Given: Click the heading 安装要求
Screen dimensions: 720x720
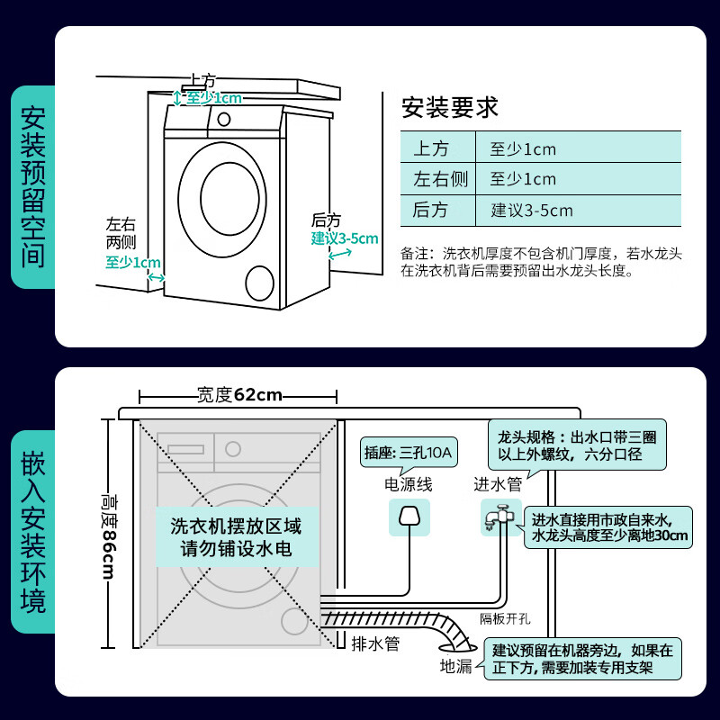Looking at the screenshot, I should click(449, 107).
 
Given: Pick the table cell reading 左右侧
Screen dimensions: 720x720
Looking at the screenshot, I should click(440, 179).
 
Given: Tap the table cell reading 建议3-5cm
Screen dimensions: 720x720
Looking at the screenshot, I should click(531, 211).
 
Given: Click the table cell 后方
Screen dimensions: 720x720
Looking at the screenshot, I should click(430, 211).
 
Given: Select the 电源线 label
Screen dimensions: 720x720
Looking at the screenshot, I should click(409, 484).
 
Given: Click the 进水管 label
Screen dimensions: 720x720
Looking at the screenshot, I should click(498, 484).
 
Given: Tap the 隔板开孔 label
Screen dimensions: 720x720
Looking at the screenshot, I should click(505, 618).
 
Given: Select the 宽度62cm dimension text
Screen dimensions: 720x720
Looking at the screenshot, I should click(239, 395).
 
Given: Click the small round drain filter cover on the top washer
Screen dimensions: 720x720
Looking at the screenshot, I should click(258, 283).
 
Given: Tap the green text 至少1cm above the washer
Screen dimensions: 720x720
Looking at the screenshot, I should click(213, 97).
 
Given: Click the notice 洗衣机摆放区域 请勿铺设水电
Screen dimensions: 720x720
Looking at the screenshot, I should click(236, 537).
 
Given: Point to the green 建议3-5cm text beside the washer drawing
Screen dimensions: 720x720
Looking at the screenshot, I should click(345, 238).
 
